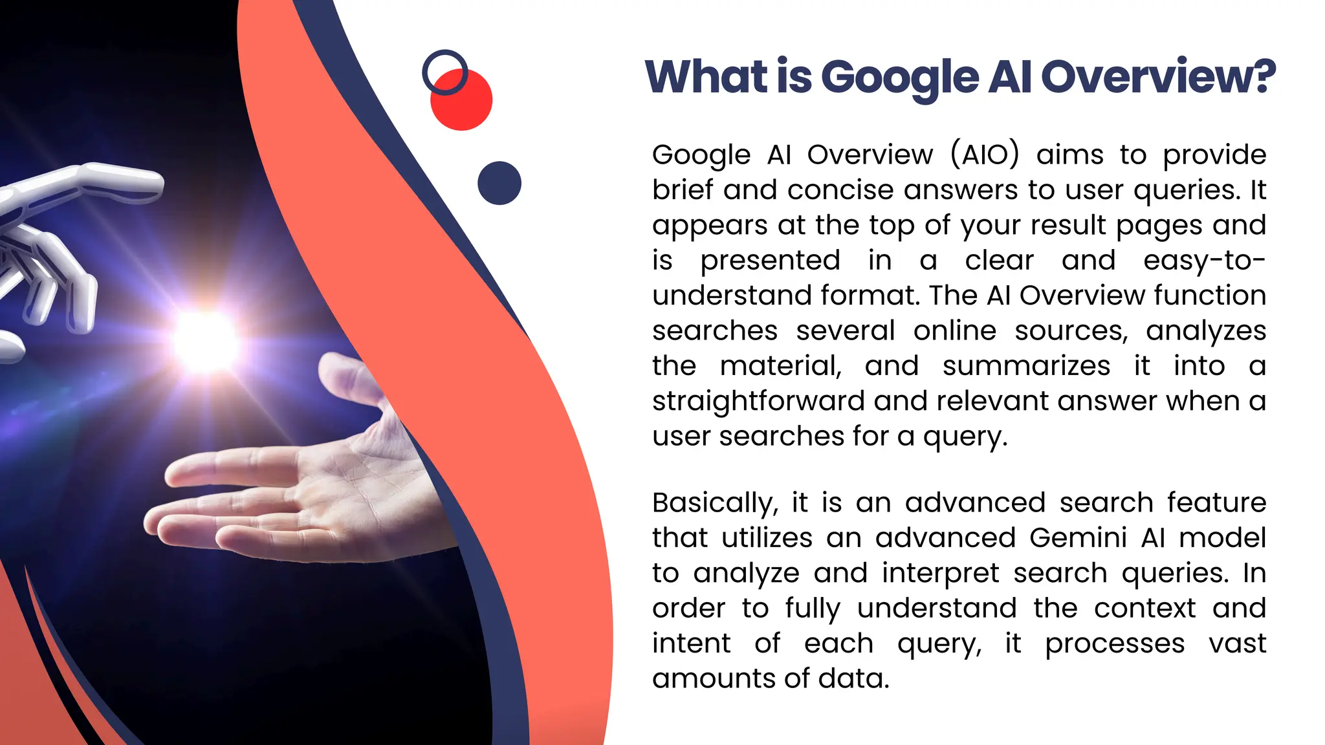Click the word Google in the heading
(x=899, y=78)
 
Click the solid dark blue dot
(x=499, y=183)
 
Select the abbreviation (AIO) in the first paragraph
(x=985, y=155)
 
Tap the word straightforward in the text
(x=758, y=402)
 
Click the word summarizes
(x=1026, y=366)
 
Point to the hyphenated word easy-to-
(x=1204, y=261)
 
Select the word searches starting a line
(x=714, y=331)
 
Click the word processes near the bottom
(x=1115, y=644)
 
